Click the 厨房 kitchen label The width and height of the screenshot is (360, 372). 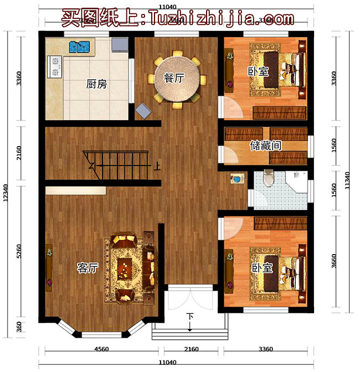(x=96, y=85)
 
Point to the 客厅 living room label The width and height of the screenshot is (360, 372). (x=88, y=268)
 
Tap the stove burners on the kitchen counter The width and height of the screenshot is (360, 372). (x=55, y=66)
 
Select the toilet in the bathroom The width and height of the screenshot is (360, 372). (x=269, y=178)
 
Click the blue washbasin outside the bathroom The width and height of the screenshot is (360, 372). (x=238, y=180)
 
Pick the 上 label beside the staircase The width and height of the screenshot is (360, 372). (x=158, y=165)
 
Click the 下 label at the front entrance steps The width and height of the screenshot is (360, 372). (x=190, y=317)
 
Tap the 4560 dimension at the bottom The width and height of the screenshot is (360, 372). (x=101, y=349)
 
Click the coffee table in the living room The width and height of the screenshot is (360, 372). (x=126, y=268)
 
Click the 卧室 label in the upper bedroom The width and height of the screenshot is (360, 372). (x=256, y=71)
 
